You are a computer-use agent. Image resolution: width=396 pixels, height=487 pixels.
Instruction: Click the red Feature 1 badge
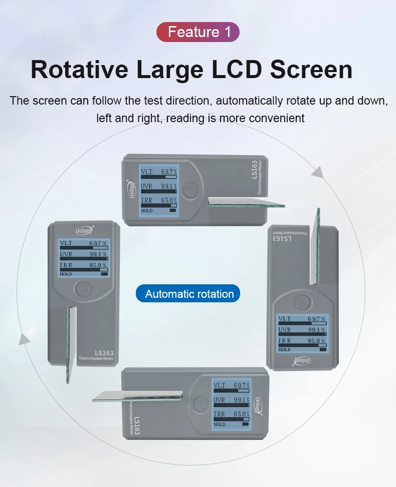click(x=198, y=32)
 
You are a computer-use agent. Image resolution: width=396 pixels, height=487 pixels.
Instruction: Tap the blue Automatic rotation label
click(x=188, y=294)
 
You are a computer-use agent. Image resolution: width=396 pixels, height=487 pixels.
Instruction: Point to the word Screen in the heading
click(x=311, y=69)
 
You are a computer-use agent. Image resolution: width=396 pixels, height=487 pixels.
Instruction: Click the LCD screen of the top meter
click(x=159, y=190)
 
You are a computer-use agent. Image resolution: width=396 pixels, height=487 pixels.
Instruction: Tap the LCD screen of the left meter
click(x=84, y=258)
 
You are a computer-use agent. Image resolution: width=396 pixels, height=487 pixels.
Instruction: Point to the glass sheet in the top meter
click(x=246, y=202)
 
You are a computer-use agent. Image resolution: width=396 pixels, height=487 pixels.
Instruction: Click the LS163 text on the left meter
click(x=104, y=352)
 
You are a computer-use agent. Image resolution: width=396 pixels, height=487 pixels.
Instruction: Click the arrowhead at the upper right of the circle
click(x=316, y=172)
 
